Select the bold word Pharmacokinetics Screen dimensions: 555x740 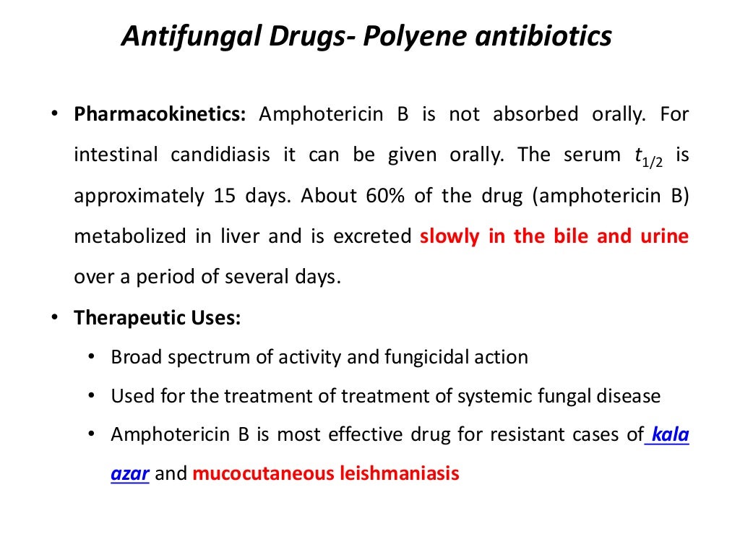pos(160,114)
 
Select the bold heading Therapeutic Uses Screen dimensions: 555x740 pos(157,318)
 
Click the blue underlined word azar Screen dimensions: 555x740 pos(130,474)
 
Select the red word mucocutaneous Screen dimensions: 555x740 pos(263,474)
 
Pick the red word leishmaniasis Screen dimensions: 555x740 pos(400,474)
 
